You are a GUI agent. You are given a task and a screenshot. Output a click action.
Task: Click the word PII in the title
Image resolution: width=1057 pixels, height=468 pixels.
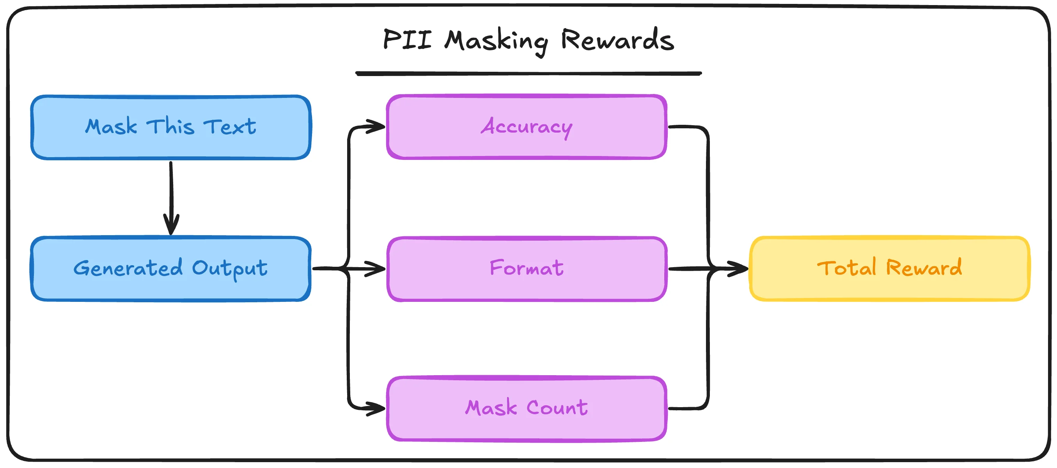coord(407,40)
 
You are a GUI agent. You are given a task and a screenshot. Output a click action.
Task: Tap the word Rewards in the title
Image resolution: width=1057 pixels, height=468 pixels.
coord(617,40)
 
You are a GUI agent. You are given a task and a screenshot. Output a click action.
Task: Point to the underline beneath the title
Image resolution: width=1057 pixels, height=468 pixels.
coord(528,74)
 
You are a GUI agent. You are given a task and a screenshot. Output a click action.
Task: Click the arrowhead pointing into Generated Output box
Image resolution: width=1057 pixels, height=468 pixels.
coord(171,225)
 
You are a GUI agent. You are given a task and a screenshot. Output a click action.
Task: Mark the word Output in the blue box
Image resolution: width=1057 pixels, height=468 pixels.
coord(230,269)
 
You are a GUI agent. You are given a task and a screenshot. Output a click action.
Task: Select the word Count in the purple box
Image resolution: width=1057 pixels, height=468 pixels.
coord(557,408)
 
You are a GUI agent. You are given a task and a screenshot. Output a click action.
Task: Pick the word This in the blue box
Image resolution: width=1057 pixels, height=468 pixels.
coord(171,126)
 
